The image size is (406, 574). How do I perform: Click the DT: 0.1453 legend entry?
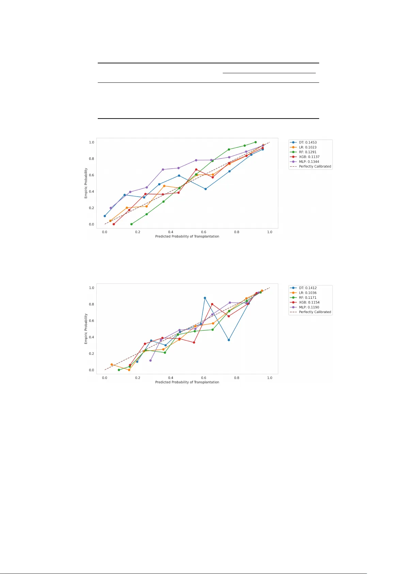[x=308, y=142]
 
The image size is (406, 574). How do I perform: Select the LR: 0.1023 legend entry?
[x=308, y=147]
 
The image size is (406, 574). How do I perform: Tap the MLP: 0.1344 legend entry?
[x=309, y=162]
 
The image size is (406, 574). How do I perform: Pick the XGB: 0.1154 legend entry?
[x=309, y=302]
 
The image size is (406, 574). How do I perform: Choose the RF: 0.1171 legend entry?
[x=308, y=297]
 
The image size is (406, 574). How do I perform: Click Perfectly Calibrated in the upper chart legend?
[x=315, y=167]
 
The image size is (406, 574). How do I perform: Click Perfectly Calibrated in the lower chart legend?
[x=315, y=312]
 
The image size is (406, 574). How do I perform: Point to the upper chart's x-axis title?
[x=187, y=236]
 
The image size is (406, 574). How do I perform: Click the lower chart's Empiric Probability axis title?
[x=86, y=329]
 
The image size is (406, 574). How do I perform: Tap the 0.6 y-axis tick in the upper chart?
[x=92, y=175]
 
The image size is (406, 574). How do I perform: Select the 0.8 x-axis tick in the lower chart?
[x=237, y=378]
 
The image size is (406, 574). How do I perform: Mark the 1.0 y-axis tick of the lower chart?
[x=92, y=288]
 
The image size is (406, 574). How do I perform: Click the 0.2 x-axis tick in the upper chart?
[x=138, y=232]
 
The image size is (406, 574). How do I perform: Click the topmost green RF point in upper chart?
[x=255, y=142]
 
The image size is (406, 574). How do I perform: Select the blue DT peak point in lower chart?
[x=205, y=298]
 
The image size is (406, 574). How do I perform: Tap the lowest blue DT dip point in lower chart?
[x=229, y=340]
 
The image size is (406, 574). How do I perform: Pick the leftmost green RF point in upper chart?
[x=131, y=224]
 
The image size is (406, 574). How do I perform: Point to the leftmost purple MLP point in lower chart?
[x=151, y=360]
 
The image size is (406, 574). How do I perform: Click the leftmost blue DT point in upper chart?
[x=105, y=216]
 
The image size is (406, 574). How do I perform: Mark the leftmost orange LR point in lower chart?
[x=112, y=364]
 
